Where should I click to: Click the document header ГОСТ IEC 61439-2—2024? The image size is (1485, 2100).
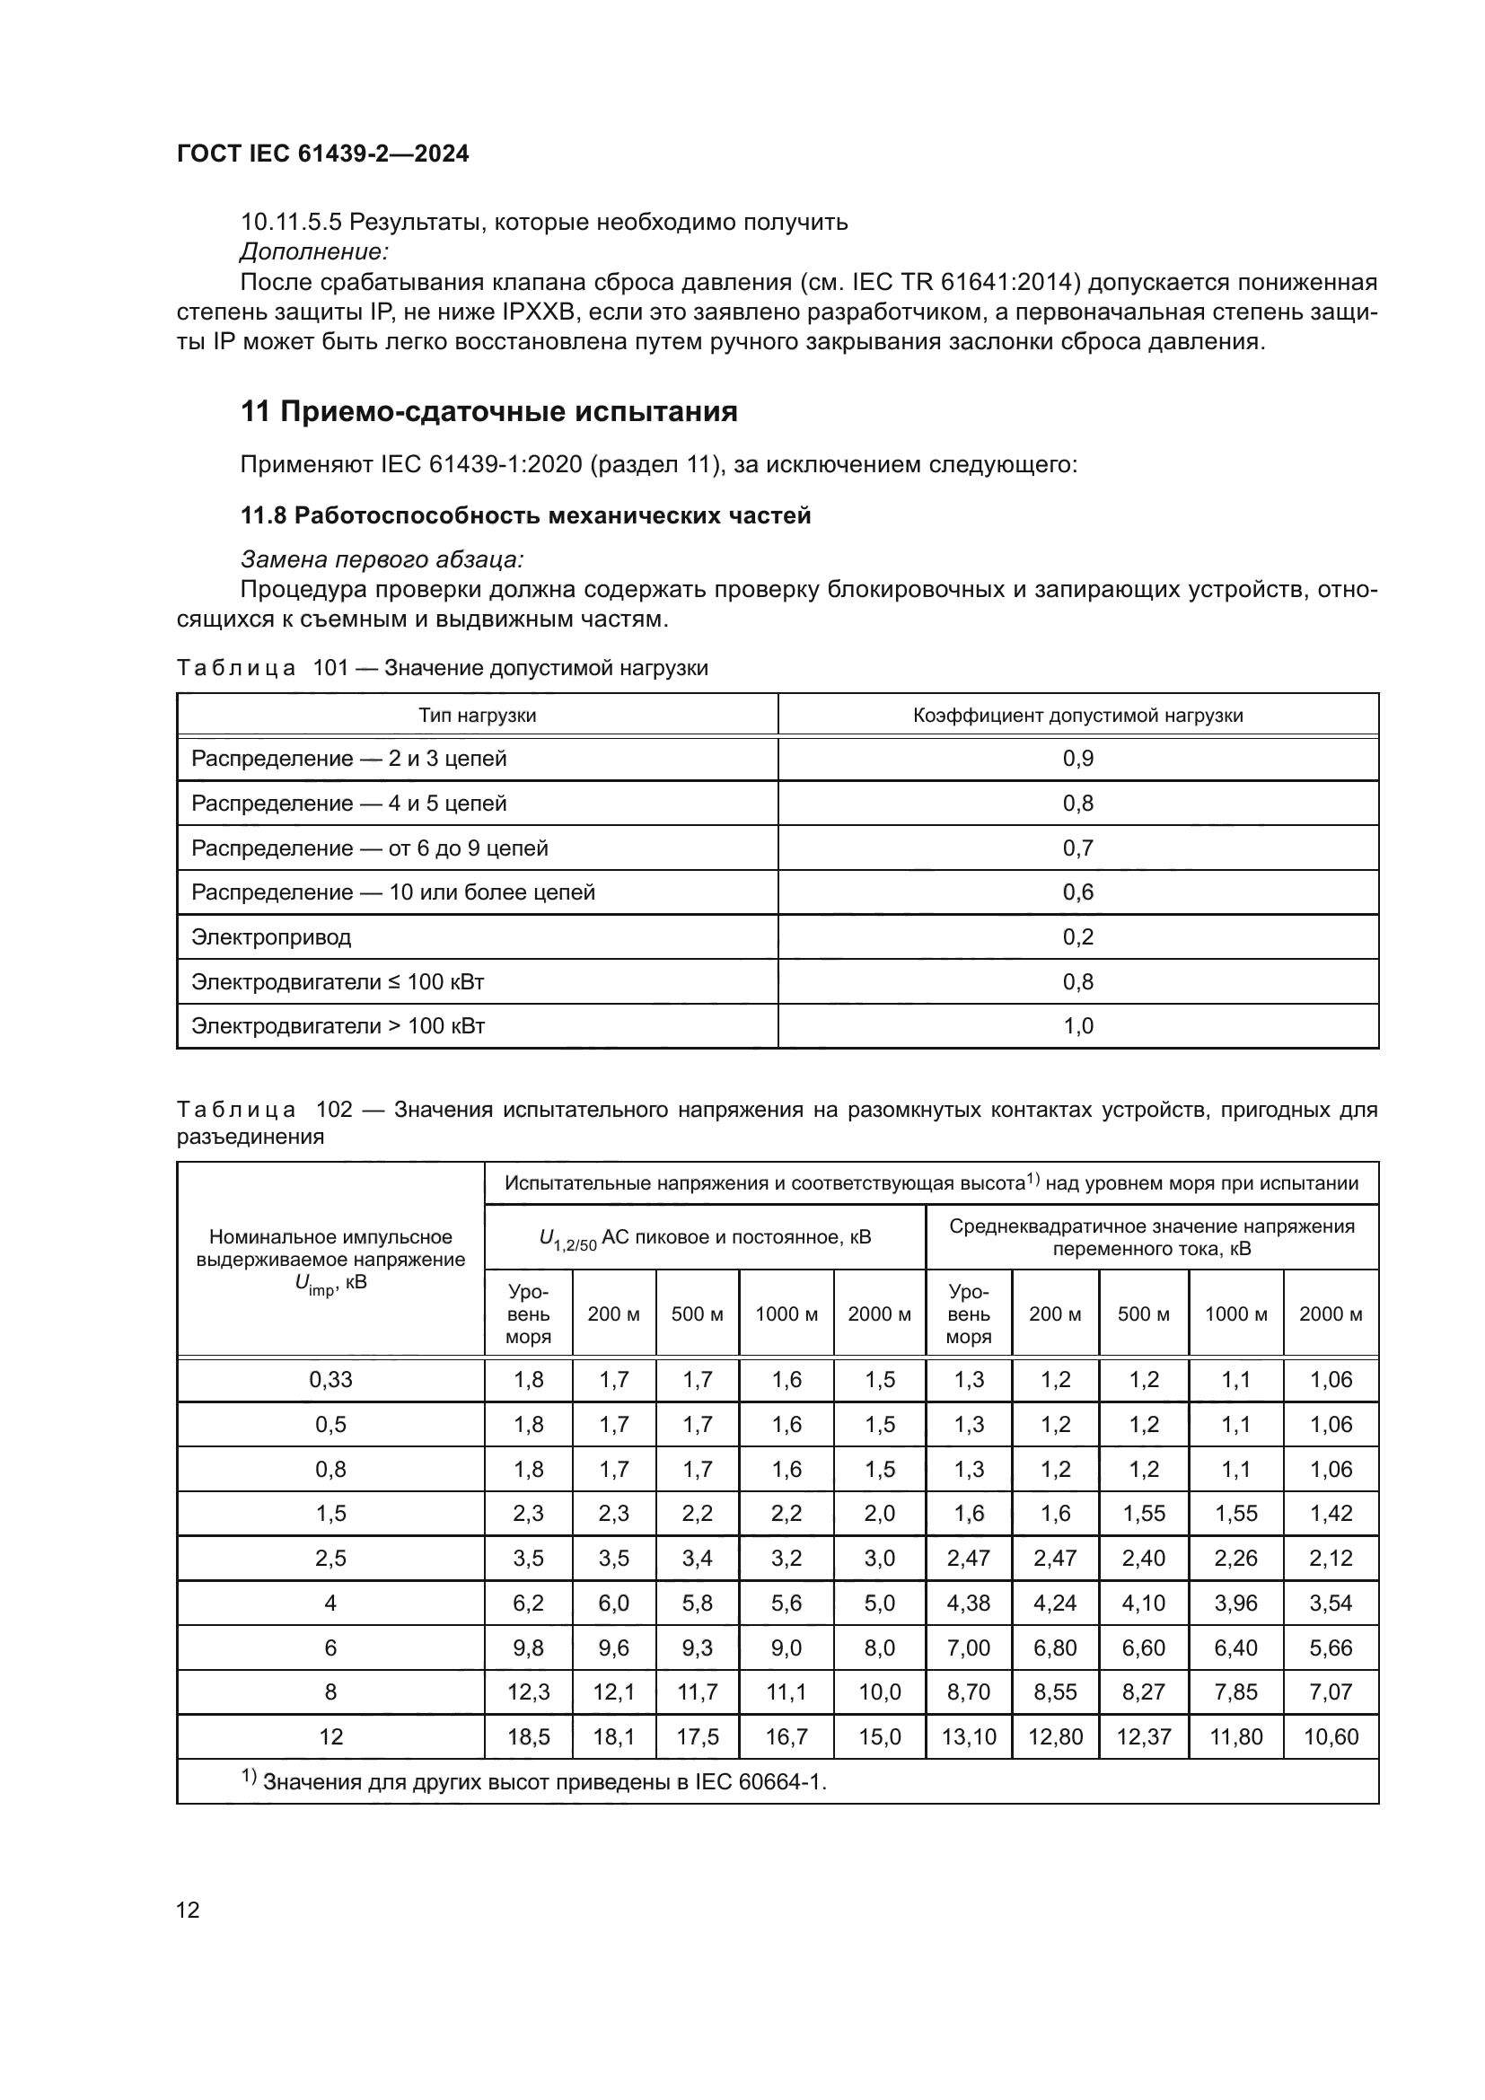coord(322,154)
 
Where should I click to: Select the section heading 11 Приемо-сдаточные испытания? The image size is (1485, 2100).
coord(488,411)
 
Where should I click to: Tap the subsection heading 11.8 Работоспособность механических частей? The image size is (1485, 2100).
coord(525,516)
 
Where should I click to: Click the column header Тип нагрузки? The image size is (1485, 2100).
coord(477,716)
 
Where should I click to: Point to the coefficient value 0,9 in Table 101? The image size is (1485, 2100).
coord(1077,759)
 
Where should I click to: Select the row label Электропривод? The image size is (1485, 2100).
coord(270,936)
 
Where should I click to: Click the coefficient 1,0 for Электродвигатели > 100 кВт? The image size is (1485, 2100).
coord(1077,1025)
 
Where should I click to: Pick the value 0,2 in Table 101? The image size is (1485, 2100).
coord(1077,936)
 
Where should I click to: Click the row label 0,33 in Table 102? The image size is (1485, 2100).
coord(330,1379)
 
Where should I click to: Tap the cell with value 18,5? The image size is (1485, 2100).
coord(528,1736)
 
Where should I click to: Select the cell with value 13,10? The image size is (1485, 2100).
coord(969,1736)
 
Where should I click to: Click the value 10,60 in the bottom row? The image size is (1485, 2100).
coord(1331,1736)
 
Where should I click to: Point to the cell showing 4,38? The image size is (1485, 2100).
coord(969,1603)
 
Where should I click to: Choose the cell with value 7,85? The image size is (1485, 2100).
coord(1235,1691)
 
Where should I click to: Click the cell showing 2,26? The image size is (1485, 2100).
coord(1235,1558)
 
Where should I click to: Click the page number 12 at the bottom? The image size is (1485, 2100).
coord(188,1910)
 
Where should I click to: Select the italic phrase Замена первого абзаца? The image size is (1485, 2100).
coord(382,558)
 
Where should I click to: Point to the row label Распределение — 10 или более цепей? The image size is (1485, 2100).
coord(392,892)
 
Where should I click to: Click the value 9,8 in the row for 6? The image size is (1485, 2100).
coord(528,1647)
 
